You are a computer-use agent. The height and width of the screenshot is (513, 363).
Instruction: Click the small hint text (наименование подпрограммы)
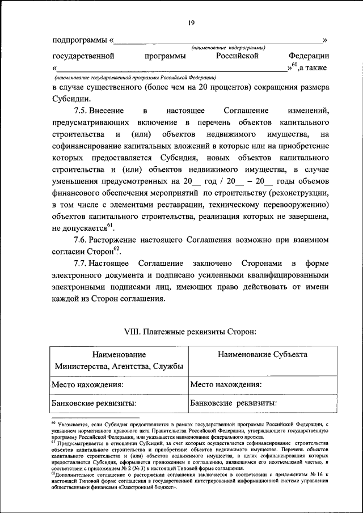(228, 49)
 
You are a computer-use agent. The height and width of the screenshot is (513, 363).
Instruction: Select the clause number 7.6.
(83, 241)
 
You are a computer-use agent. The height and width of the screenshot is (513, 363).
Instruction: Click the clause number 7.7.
(83, 265)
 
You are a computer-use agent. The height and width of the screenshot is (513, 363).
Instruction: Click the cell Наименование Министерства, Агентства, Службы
(119, 361)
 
